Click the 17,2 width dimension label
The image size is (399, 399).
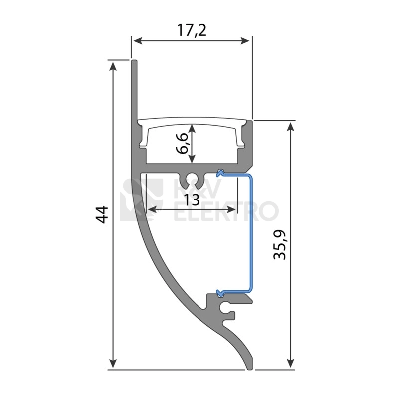192,31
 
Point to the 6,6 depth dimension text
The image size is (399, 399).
182,143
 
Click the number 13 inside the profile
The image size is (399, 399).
192,199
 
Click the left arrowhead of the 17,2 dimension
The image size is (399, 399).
138,41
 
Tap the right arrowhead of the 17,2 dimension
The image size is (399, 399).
245,41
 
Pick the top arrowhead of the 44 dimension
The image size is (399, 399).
113,66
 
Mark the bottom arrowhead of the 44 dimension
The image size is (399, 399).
113,363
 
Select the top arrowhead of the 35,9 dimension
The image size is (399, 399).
290,126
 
